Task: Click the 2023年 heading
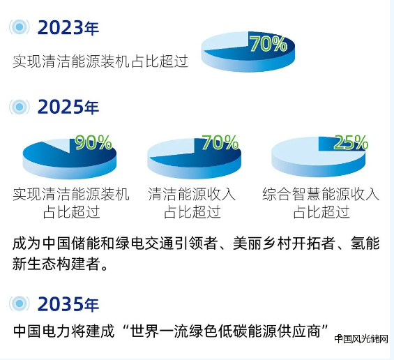coord(68,27)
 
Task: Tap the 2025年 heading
coord(68,107)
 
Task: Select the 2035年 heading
coord(68,304)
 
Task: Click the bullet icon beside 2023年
coord(19,27)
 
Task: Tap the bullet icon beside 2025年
coord(19,107)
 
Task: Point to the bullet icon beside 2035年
coord(19,303)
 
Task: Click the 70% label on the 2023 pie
coord(268,44)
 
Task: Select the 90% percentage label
coord(93,142)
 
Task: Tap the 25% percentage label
coord(351,142)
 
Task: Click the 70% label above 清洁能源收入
coord(220,142)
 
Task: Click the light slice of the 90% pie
coord(59,145)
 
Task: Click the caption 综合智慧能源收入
coord(321,194)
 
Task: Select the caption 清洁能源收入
coord(192,194)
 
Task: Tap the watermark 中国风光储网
coord(361,339)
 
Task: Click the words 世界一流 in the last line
coord(157,331)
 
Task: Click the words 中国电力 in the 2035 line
coord(42,331)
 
